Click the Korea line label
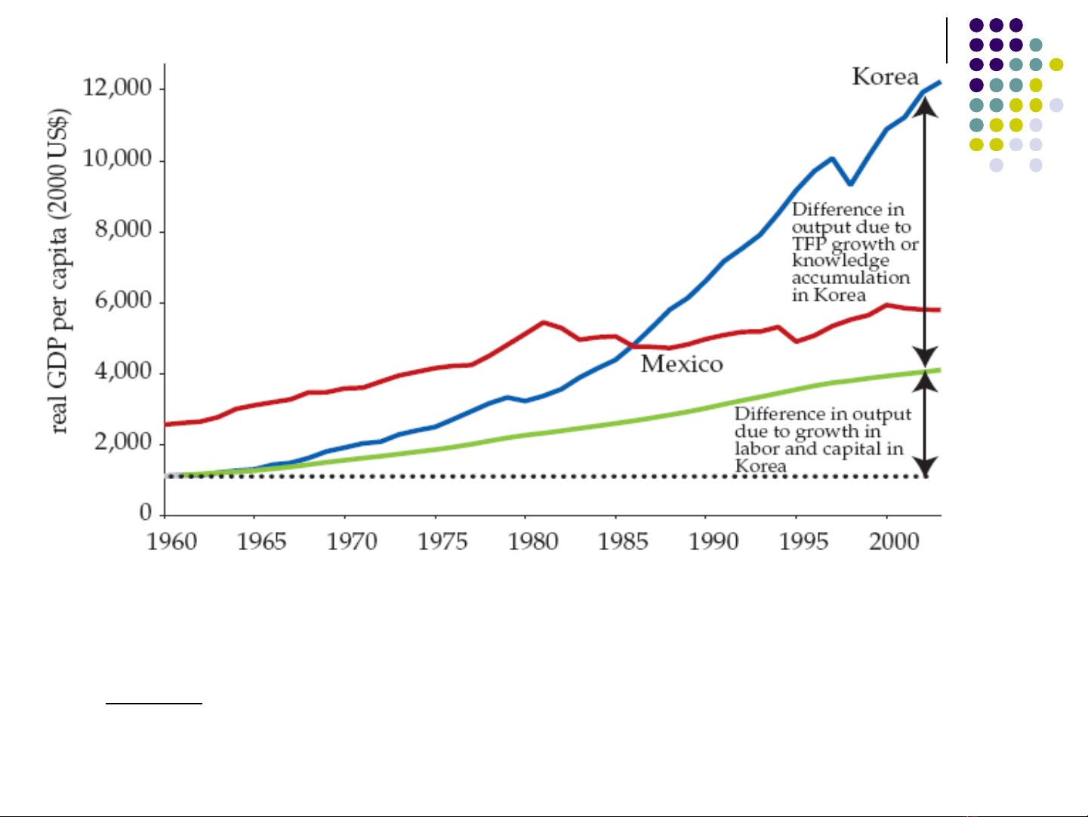pyautogui.click(x=885, y=77)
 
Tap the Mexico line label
pyautogui.click(x=682, y=364)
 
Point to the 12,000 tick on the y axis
pyautogui.click(x=117, y=88)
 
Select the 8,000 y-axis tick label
pyautogui.click(x=123, y=230)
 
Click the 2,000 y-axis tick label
pyautogui.click(x=123, y=442)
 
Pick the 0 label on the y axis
pyautogui.click(x=146, y=512)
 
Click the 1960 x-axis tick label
pyautogui.click(x=172, y=542)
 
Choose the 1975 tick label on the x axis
pyautogui.click(x=442, y=542)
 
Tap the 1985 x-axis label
pyautogui.click(x=623, y=542)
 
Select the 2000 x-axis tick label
pyautogui.click(x=894, y=542)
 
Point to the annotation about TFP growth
pyautogui.click(x=853, y=252)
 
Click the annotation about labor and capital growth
pyautogui.click(x=821, y=440)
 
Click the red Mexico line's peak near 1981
pyautogui.click(x=544, y=323)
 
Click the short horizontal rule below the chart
pyautogui.click(x=154, y=704)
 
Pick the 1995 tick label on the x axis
pyautogui.click(x=803, y=542)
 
